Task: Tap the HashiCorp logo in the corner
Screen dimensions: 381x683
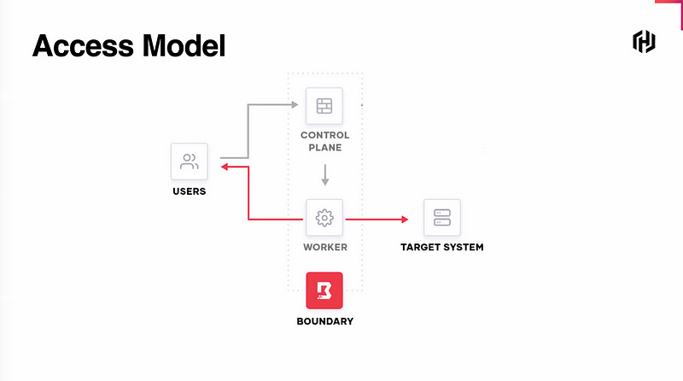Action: pos(644,41)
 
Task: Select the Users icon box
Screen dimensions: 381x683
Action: pos(189,161)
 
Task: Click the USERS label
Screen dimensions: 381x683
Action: pos(189,191)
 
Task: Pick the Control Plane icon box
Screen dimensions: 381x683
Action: pos(324,106)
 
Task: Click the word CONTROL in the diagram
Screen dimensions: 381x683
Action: pos(324,135)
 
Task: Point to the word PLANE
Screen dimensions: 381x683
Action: pos(324,147)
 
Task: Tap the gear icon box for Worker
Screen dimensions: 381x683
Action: pos(324,218)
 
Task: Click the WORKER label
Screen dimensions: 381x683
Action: pos(324,248)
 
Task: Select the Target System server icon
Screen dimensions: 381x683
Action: pos(441,218)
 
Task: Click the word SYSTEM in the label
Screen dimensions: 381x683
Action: pos(464,248)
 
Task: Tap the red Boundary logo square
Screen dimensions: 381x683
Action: pos(324,290)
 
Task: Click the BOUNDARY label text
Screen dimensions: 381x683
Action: pos(324,321)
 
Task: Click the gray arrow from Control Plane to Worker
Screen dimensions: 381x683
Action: pos(324,175)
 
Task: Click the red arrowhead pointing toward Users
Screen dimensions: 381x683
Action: pos(225,167)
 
